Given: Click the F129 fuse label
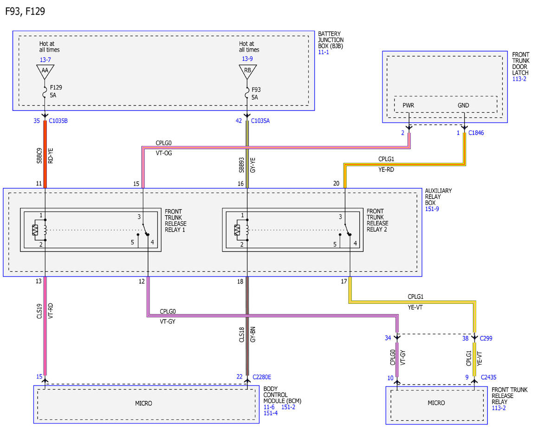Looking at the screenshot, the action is (x=56, y=88).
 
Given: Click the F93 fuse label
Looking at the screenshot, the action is (x=256, y=90).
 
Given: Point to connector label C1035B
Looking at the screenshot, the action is (x=58, y=121).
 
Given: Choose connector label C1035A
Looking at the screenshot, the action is (x=260, y=121).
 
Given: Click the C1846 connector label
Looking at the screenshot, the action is (x=476, y=133).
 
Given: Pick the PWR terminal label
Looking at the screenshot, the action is (x=408, y=105).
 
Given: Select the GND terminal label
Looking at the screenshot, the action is (x=463, y=105).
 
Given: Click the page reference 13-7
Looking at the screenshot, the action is (x=45, y=60).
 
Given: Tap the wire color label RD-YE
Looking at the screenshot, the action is (x=51, y=156).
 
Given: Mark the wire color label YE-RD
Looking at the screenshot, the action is (x=386, y=169).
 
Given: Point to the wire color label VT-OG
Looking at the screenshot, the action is (x=164, y=153).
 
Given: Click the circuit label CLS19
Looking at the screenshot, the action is (x=39, y=311).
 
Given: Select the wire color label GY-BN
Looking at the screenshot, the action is (x=253, y=334).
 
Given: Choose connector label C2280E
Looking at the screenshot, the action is (x=262, y=377).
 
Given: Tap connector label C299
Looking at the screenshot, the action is (x=486, y=338).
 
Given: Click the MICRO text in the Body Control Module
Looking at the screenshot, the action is (x=143, y=404).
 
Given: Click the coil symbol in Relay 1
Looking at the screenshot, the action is (x=45, y=230).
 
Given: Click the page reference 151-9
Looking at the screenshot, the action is (x=432, y=209).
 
